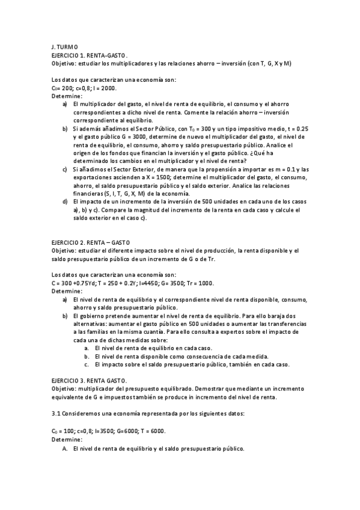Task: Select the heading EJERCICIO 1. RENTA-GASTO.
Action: pyautogui.click(x=89, y=55)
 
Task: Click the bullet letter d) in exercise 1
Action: pyautogui.click(x=65, y=202)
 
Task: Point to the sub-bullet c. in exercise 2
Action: pyautogui.click(x=87, y=364)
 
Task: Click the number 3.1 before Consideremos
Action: pyautogui.click(x=56, y=414)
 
